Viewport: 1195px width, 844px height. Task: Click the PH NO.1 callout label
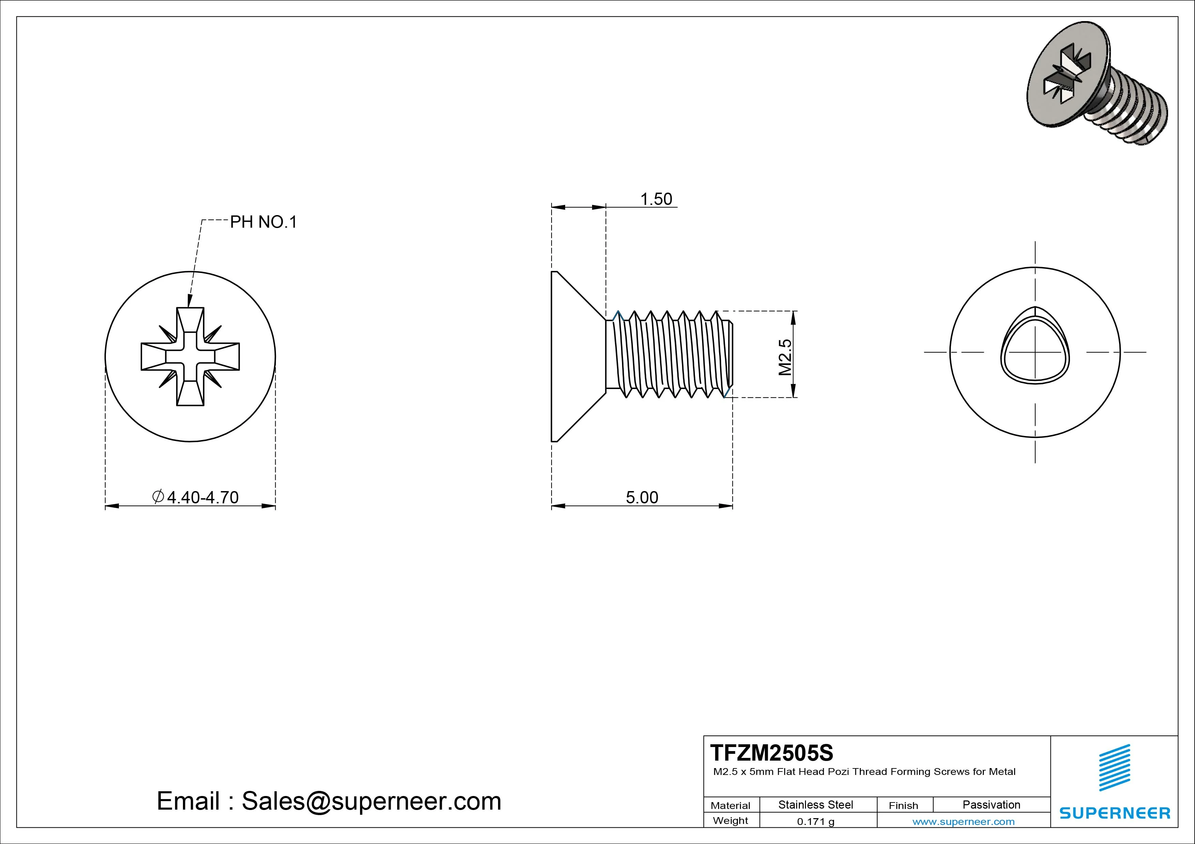[x=263, y=222]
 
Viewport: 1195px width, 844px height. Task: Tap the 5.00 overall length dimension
[x=642, y=497]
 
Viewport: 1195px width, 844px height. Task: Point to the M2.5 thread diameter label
[x=785, y=357]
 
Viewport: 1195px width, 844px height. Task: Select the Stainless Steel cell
[x=816, y=805]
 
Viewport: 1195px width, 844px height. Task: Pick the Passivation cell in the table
[x=991, y=805]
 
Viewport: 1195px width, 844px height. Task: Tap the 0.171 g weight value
[x=816, y=822]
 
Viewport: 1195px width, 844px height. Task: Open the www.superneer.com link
[x=963, y=822]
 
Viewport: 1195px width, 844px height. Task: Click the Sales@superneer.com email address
[x=371, y=801]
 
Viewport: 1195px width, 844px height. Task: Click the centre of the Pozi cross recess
[x=190, y=357]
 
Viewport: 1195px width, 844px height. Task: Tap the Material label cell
[x=730, y=806]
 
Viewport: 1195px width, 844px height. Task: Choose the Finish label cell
[x=903, y=806]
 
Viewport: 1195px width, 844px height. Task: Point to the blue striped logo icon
[x=1114, y=767]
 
